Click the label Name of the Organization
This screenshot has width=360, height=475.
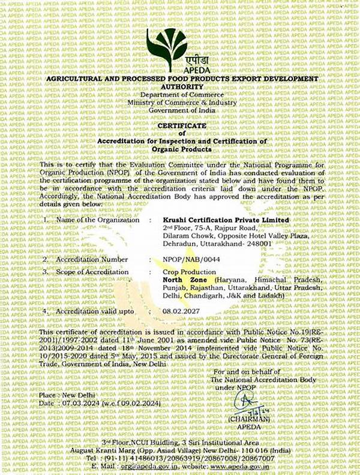point(96,220)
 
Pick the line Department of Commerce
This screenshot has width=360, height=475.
point(179,96)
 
